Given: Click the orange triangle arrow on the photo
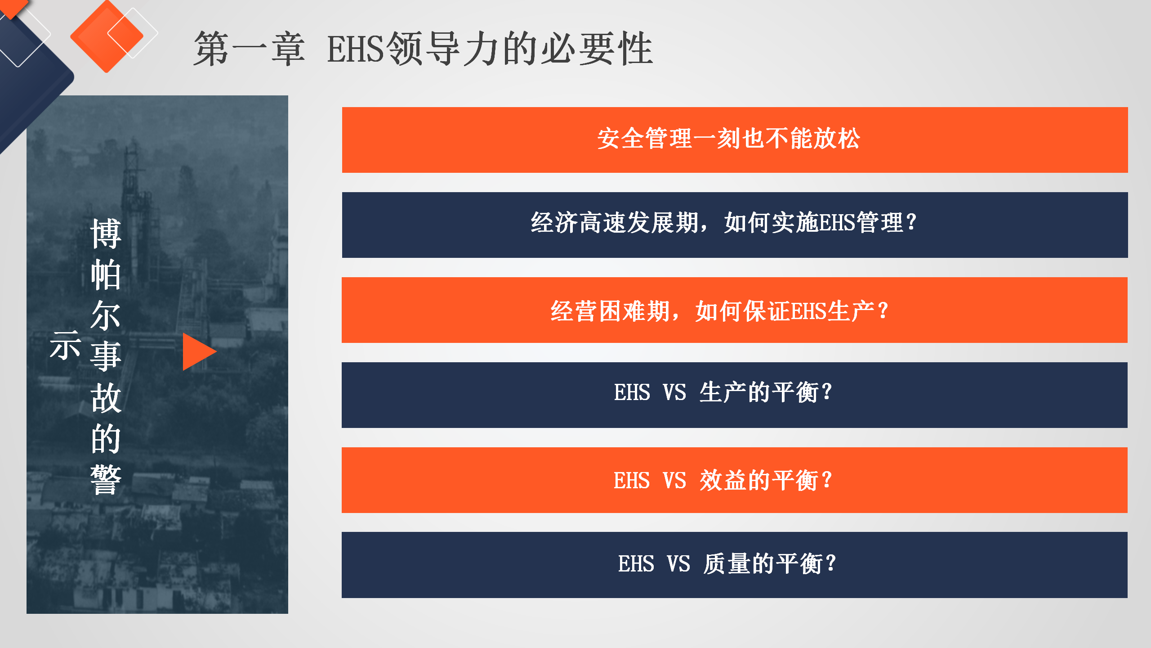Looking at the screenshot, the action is click(x=198, y=351).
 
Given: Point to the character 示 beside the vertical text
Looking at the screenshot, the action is click(x=66, y=346).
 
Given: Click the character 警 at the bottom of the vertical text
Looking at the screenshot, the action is click(x=106, y=480).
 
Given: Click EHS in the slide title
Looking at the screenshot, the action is click(x=356, y=49).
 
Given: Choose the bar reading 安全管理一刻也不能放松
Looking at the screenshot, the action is click(x=735, y=139).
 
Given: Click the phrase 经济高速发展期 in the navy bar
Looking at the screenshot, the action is click(x=615, y=223).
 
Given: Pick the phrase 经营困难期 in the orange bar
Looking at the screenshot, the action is click(x=610, y=311).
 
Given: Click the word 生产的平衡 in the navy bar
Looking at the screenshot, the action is click(x=759, y=392).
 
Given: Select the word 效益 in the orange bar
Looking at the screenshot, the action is click(x=723, y=481).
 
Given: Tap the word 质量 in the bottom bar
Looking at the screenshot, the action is click(x=727, y=564).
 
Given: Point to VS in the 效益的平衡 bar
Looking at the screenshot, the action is click(x=674, y=481).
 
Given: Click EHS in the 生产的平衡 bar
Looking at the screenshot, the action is click(x=632, y=392).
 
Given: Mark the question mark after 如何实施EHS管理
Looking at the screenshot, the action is click(x=911, y=222).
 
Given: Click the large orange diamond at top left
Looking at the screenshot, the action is click(x=107, y=36).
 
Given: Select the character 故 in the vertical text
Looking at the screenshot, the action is click(x=106, y=398).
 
